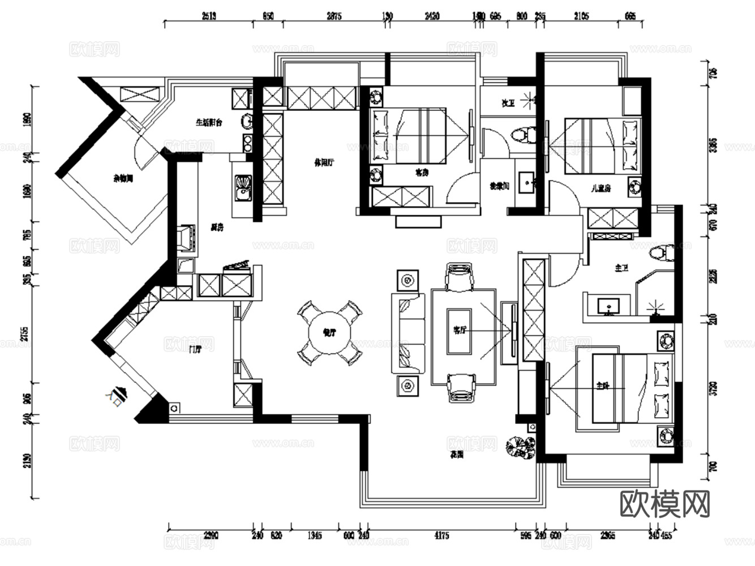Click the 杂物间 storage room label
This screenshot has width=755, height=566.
tap(122, 178)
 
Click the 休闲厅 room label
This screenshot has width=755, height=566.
tap(324, 163)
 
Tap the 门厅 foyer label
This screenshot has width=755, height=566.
tap(195, 349)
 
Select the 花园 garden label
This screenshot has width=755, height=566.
tap(457, 454)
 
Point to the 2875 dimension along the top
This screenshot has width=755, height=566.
tap(334, 16)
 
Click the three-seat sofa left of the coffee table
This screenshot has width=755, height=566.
tap(407, 333)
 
